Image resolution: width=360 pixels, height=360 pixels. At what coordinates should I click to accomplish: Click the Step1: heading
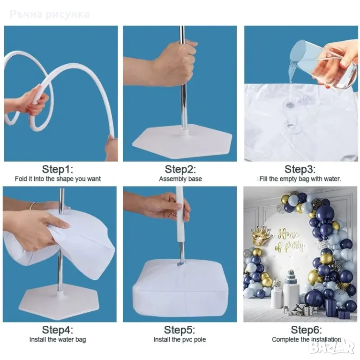tap(58, 169)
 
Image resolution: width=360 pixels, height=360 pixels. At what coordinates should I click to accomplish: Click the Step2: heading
tap(180, 169)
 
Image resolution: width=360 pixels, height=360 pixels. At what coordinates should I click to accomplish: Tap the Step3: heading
tap(300, 169)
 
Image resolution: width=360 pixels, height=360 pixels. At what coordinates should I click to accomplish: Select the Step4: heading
tap(58, 330)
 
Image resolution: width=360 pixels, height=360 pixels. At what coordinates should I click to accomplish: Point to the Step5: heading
tap(180, 330)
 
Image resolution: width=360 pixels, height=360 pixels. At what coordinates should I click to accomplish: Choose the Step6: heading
tap(307, 330)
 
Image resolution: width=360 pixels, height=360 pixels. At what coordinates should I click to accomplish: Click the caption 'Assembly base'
tap(180, 179)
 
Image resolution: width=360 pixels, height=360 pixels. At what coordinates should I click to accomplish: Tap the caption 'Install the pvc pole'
tap(180, 339)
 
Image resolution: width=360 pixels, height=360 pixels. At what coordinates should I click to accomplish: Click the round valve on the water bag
tap(290, 105)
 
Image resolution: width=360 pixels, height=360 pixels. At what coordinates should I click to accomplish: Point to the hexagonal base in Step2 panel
tap(182, 141)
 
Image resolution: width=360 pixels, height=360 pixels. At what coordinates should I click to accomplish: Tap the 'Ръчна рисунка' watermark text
tap(50, 14)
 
